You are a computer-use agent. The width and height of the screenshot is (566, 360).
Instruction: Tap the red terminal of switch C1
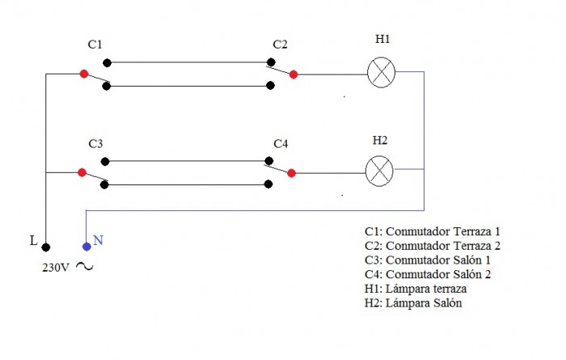pyautogui.click(x=84, y=74)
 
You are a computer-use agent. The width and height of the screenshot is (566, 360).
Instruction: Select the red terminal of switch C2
pyautogui.click(x=294, y=74)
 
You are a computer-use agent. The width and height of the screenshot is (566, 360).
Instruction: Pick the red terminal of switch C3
pyautogui.click(x=82, y=172)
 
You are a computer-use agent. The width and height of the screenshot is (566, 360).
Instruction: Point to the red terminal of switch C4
pyautogui.click(x=291, y=173)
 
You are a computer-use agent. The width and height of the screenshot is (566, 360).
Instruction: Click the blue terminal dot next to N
pyautogui.click(x=87, y=247)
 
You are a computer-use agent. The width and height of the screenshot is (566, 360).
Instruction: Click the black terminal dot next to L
pyautogui.click(x=46, y=247)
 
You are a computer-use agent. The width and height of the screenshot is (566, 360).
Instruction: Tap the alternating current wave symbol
pyautogui.click(x=84, y=267)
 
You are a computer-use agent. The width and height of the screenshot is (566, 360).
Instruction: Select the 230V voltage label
pyautogui.click(x=55, y=268)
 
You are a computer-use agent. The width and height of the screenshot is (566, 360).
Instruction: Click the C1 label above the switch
pyautogui.click(x=95, y=44)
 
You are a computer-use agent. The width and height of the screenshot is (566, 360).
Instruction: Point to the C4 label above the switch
pyautogui.click(x=281, y=144)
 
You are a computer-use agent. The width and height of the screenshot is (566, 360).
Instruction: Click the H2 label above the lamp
pyautogui.click(x=380, y=140)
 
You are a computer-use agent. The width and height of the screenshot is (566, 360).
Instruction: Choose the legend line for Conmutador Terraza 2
pyautogui.click(x=433, y=246)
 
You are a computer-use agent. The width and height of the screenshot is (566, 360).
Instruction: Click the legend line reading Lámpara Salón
pyautogui.click(x=413, y=303)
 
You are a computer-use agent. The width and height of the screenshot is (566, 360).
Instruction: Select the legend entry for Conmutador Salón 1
pyautogui.click(x=428, y=260)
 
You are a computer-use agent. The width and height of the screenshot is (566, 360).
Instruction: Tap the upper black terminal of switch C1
pyautogui.click(x=108, y=63)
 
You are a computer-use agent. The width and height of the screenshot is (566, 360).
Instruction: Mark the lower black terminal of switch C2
pyautogui.click(x=270, y=86)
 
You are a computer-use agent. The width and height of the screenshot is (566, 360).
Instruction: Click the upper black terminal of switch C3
pyautogui.click(x=105, y=162)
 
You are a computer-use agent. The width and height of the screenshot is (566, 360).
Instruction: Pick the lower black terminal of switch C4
pyautogui.click(x=268, y=184)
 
